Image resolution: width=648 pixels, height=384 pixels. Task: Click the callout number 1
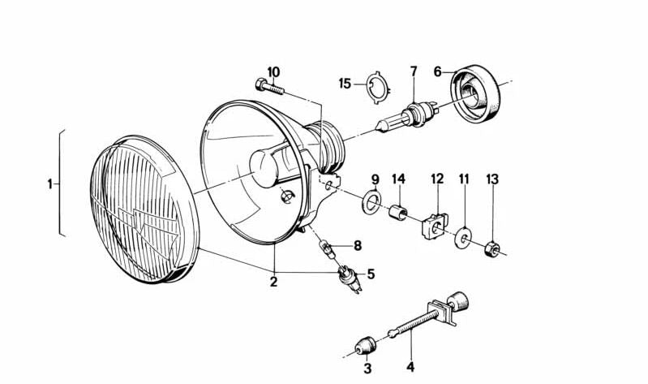pyautogui.click(x=49, y=184)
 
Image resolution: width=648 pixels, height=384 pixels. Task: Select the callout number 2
pyautogui.click(x=274, y=282)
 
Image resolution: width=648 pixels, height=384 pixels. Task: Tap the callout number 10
pyautogui.click(x=272, y=71)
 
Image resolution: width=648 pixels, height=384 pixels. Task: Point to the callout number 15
pyautogui.click(x=345, y=83)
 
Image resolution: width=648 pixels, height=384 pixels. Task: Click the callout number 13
pyautogui.click(x=492, y=179)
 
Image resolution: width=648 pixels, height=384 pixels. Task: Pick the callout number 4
pyautogui.click(x=410, y=367)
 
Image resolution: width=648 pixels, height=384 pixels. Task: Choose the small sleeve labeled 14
pyautogui.click(x=397, y=214)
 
